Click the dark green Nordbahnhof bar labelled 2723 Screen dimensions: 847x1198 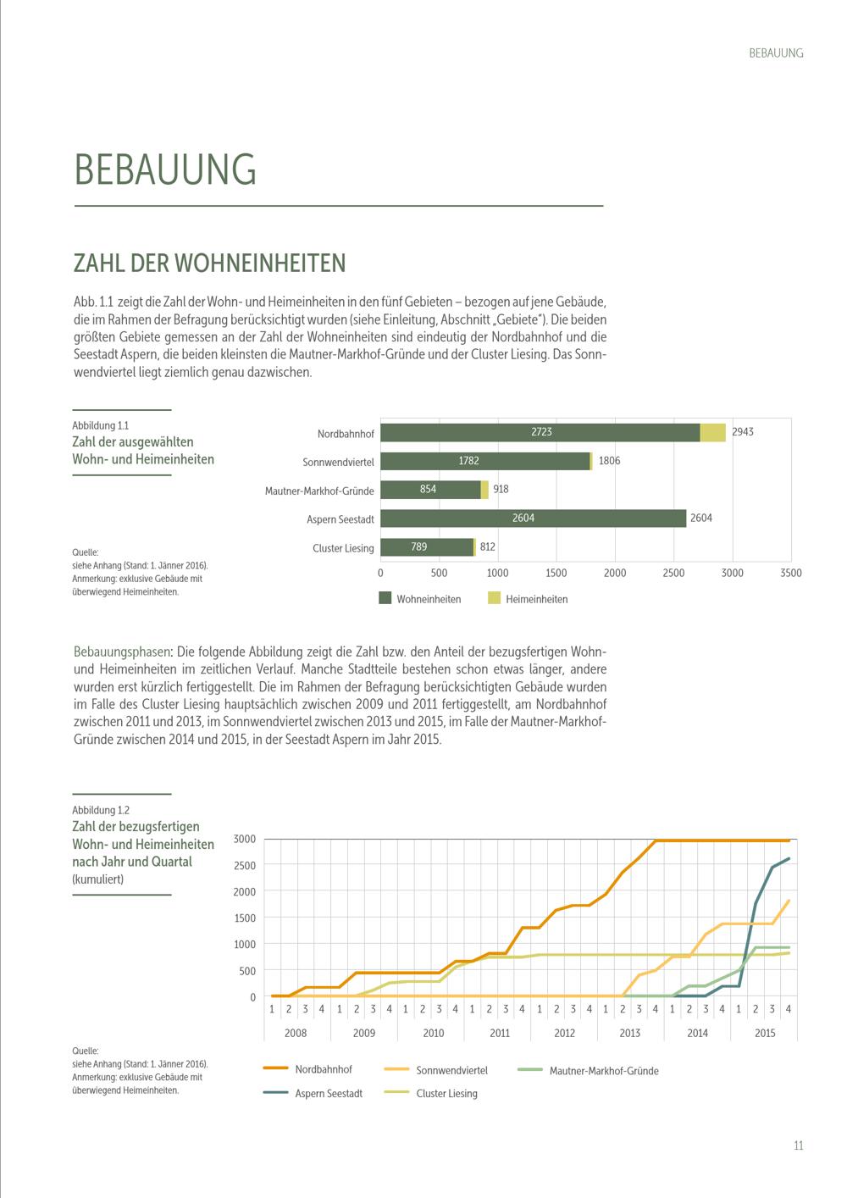coord(540,432)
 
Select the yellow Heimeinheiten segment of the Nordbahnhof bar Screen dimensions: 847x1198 coord(713,432)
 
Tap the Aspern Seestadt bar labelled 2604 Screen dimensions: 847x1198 coord(533,519)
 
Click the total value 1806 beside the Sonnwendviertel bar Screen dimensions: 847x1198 coord(609,461)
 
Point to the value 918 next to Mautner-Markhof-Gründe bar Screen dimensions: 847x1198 coord(501,489)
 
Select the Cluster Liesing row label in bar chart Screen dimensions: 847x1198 coord(343,548)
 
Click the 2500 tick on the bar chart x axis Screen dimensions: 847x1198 coord(673,573)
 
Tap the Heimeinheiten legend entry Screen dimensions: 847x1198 coord(528,598)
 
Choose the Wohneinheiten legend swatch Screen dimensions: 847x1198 coord(385,598)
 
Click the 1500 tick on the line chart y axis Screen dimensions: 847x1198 coord(245,918)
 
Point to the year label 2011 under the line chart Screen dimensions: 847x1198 coord(500,1033)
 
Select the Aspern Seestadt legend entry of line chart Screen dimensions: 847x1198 coord(313,1093)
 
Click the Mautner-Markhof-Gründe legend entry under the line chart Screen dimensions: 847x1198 coord(588,1071)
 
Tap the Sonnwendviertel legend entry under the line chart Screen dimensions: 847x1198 coord(436,1070)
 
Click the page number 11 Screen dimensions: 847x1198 coord(799,1145)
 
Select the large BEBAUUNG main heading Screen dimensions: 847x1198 coord(165,169)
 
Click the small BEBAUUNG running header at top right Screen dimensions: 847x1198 coord(776,53)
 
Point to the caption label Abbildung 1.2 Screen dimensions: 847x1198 coord(101,810)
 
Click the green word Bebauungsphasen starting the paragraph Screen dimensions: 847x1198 coord(122,652)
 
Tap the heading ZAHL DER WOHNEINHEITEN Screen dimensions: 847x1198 coord(209,263)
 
